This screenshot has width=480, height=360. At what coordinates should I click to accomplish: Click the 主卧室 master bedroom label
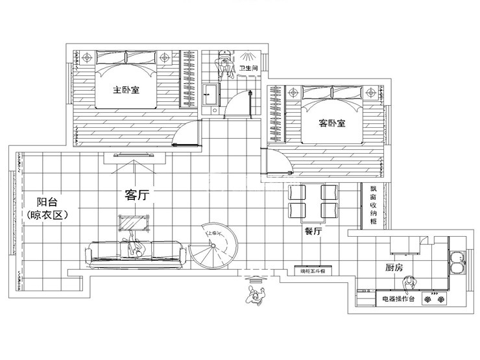click(126, 90)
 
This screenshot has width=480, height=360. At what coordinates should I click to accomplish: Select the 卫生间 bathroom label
click(249, 68)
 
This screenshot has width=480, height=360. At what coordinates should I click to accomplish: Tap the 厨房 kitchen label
click(394, 267)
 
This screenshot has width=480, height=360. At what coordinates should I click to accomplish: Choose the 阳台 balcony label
click(45, 201)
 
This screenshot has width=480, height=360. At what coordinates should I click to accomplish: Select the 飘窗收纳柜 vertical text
click(373, 204)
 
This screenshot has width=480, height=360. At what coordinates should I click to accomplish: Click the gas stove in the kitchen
click(435, 299)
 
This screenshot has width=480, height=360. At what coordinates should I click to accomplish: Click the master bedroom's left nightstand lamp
click(88, 57)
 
